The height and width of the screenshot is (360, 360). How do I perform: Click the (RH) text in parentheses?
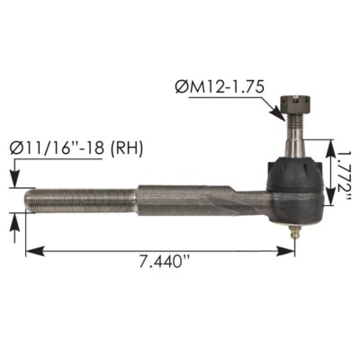point(124,147)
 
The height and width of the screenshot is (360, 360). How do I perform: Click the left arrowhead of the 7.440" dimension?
point(31,251)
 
